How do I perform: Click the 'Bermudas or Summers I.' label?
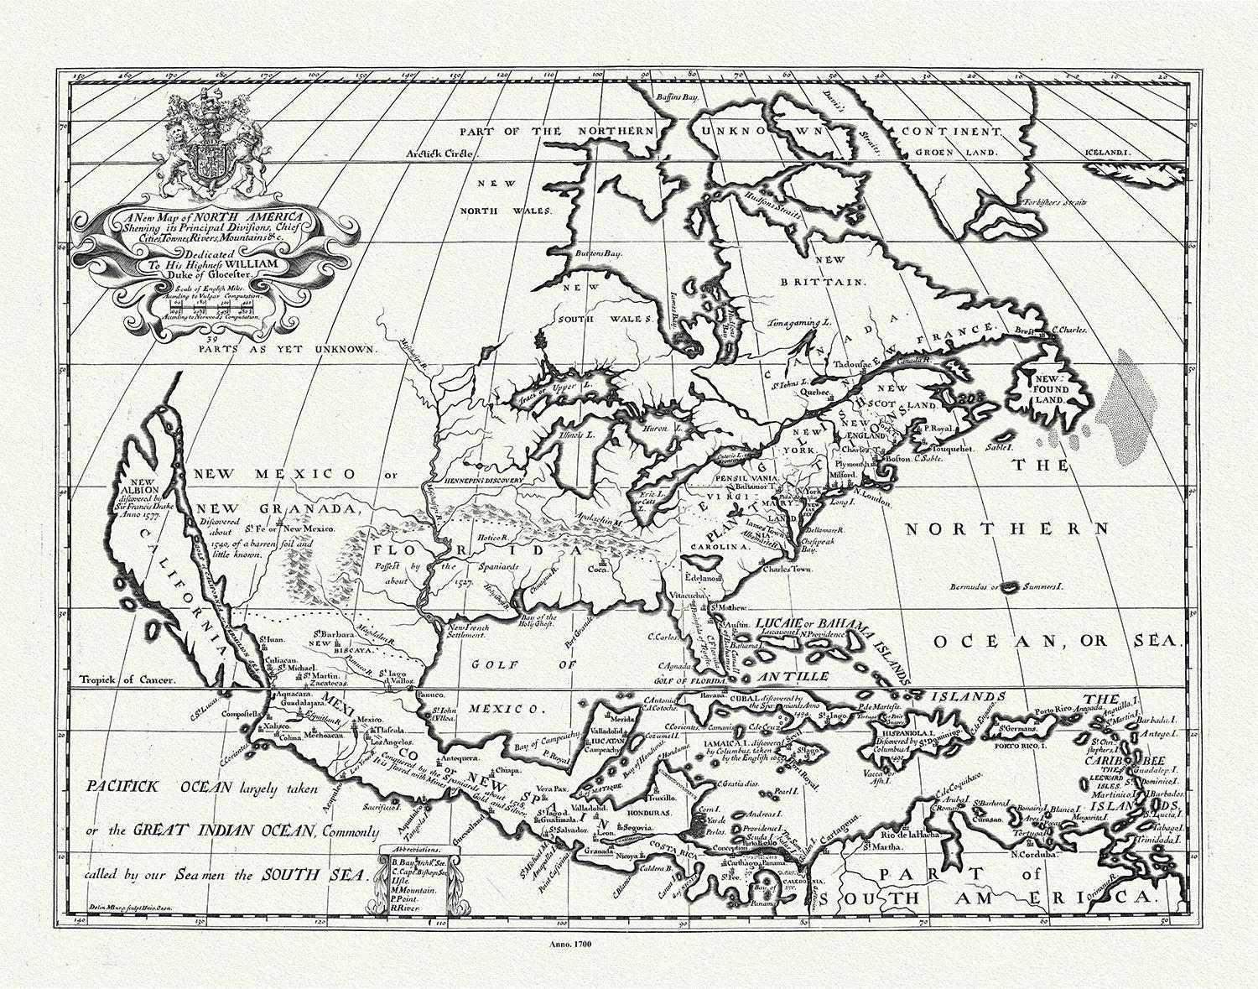coord(1007,587)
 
